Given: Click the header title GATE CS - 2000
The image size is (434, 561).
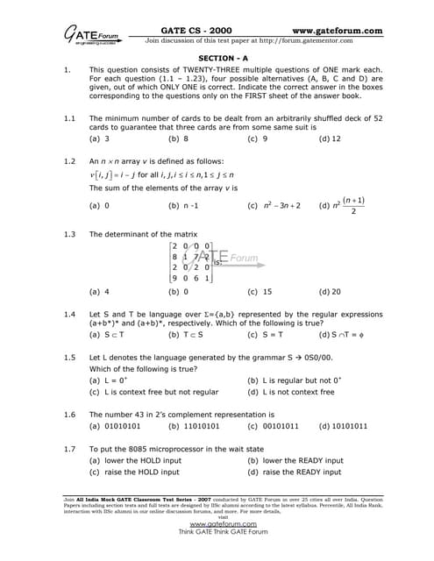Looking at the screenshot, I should pyautogui.click(x=191, y=30).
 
